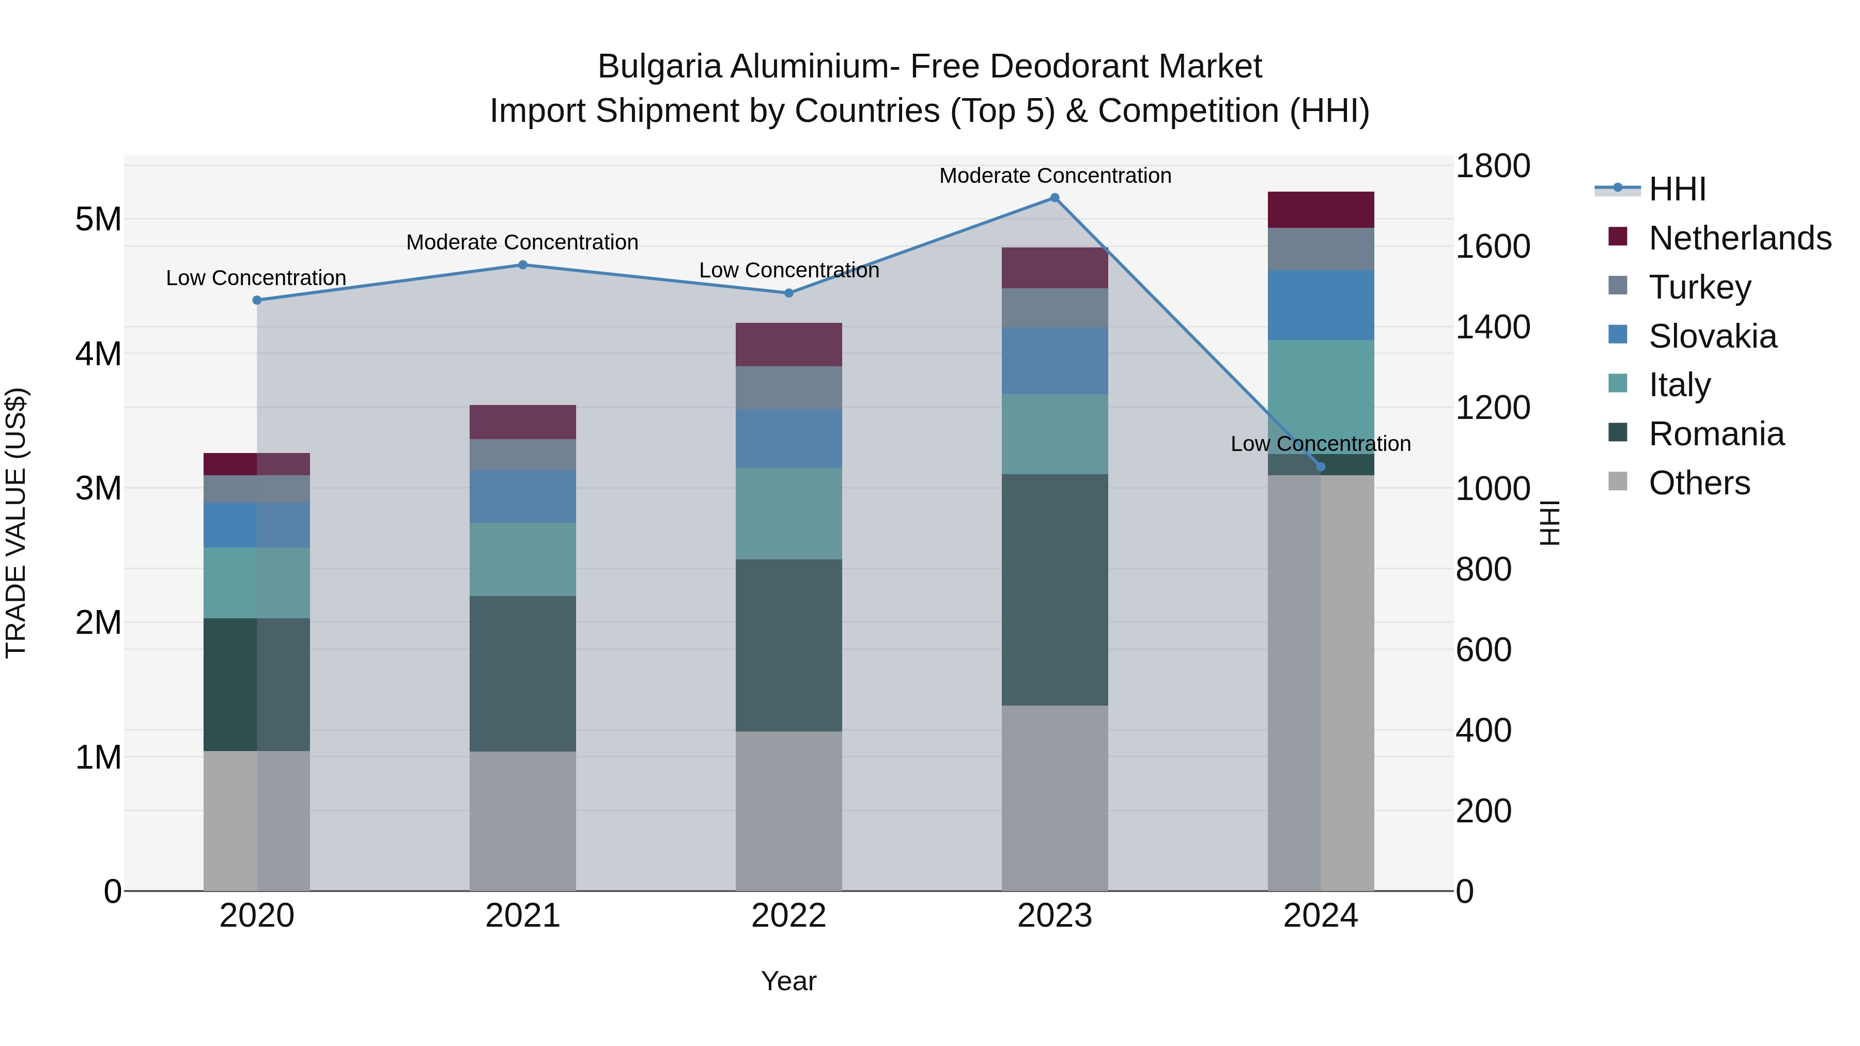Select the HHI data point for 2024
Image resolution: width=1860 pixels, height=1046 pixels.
(1321, 467)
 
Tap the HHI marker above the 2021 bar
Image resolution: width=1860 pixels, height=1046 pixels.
(523, 265)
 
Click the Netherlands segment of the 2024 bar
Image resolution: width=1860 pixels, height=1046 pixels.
(1321, 210)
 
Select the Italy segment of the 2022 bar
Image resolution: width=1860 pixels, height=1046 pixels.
(788, 513)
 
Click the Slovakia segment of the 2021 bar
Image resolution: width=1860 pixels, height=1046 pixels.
(523, 496)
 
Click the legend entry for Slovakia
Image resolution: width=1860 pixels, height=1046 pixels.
(1712, 336)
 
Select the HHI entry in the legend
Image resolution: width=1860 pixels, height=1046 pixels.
(1677, 189)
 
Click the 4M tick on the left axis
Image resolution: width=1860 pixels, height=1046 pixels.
(98, 354)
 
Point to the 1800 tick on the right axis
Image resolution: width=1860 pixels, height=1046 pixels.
(1492, 166)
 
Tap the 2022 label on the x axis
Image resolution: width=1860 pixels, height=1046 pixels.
(788, 916)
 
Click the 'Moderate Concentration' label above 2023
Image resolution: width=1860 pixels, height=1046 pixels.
(1055, 176)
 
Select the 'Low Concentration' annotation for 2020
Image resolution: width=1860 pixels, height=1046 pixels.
(256, 278)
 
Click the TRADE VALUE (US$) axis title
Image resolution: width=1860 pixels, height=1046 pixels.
(16, 523)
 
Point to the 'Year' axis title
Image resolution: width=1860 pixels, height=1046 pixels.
(788, 981)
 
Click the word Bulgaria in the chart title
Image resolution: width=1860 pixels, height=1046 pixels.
(659, 67)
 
